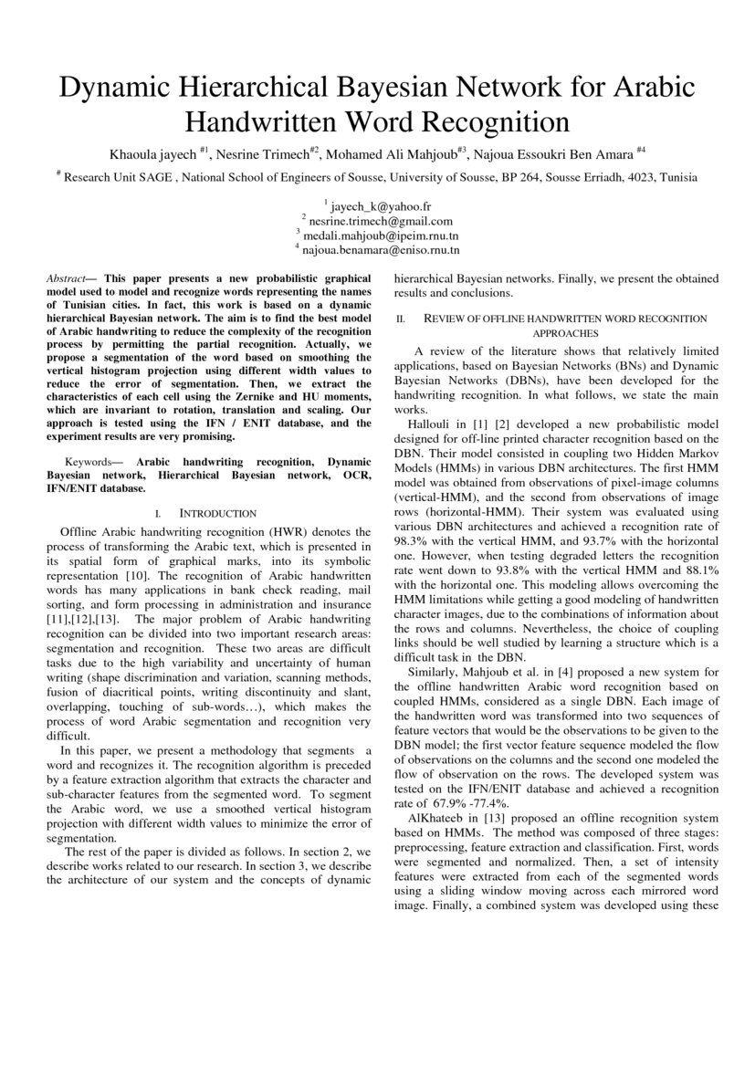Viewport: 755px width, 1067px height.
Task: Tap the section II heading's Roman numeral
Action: pyautogui.click(x=399, y=319)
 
